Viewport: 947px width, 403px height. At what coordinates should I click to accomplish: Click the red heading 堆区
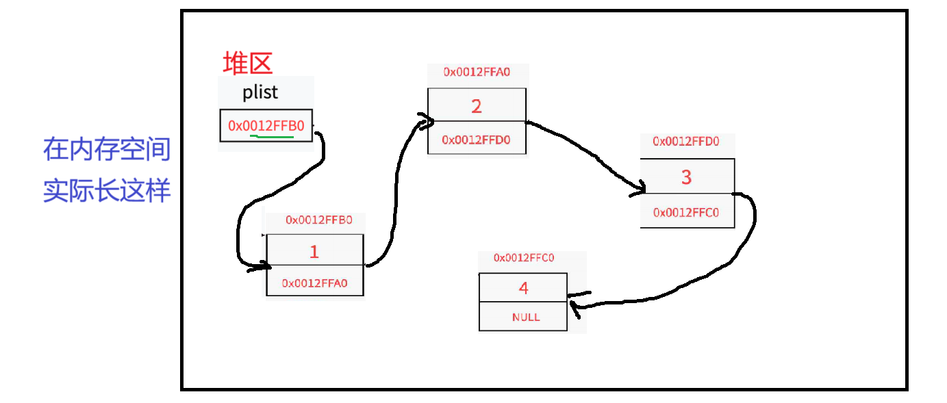pyautogui.click(x=247, y=63)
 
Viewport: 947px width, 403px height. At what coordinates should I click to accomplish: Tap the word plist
pyautogui.click(x=260, y=92)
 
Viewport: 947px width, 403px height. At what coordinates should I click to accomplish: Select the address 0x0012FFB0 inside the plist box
pyautogui.click(x=266, y=126)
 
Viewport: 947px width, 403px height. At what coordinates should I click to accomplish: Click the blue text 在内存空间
pyautogui.click(x=106, y=149)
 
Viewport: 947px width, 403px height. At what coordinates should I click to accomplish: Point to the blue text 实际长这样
pyautogui.click(x=106, y=190)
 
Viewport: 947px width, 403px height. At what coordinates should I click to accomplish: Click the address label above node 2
pyautogui.click(x=477, y=71)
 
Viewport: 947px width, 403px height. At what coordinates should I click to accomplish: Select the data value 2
pyautogui.click(x=477, y=106)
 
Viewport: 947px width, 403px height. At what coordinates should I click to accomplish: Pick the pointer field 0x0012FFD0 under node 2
pyautogui.click(x=476, y=140)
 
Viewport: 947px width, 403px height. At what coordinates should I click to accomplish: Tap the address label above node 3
pyautogui.click(x=686, y=142)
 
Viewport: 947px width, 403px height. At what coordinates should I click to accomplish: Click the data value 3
pyautogui.click(x=686, y=177)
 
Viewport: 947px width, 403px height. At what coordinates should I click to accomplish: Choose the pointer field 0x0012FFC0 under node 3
pyautogui.click(x=686, y=213)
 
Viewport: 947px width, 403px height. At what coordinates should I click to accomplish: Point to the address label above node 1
pyautogui.click(x=319, y=220)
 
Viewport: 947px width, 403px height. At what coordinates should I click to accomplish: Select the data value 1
pyautogui.click(x=314, y=252)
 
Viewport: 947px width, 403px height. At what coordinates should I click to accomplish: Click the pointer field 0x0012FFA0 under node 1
pyautogui.click(x=315, y=283)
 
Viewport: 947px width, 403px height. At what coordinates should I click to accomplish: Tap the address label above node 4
pyautogui.click(x=524, y=258)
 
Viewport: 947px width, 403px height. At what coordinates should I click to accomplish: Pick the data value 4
pyautogui.click(x=523, y=288)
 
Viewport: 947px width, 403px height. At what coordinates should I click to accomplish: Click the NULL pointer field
pyautogui.click(x=526, y=317)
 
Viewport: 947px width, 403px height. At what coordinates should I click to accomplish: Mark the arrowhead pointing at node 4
pyautogui.click(x=572, y=297)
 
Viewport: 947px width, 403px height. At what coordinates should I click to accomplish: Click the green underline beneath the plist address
pyautogui.click(x=272, y=136)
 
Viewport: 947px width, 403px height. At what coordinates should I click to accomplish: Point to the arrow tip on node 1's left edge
pyautogui.click(x=267, y=265)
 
